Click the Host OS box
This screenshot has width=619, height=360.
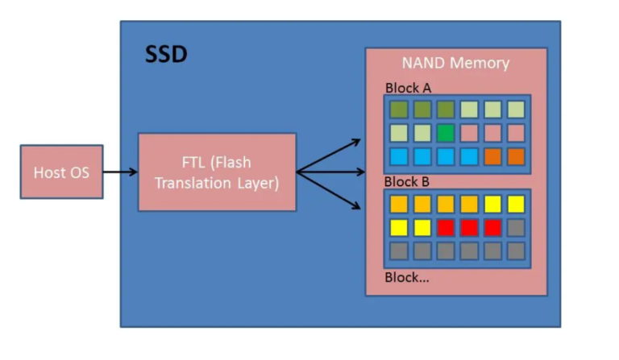[61, 172]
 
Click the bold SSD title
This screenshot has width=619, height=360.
[165, 55]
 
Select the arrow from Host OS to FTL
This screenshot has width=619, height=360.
[120, 172]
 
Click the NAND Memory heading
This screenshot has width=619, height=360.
[455, 63]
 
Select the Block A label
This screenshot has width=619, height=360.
[408, 88]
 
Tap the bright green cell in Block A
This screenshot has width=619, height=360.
[445, 132]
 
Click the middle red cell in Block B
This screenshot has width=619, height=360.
[469, 227]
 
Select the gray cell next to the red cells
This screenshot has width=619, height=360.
[516, 227]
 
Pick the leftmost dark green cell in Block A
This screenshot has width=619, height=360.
[398, 109]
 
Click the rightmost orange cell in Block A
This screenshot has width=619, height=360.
[516, 155]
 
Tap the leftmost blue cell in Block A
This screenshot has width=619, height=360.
[398, 155]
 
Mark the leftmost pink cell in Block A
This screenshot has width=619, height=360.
[469, 132]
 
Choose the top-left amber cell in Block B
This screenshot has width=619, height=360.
[398, 204]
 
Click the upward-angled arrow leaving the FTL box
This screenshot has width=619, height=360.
[330, 155]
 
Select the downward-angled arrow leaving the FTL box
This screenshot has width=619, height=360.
[330, 190]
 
